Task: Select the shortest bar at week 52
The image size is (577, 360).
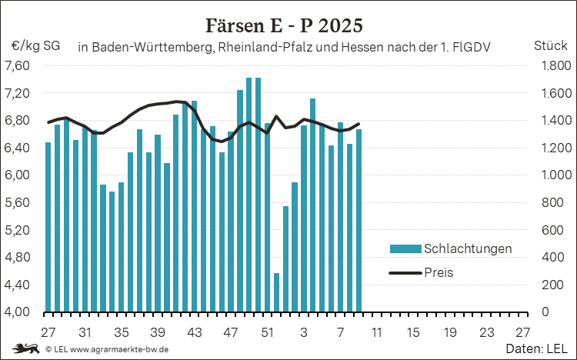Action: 276,292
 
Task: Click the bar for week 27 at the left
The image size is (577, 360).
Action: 48,227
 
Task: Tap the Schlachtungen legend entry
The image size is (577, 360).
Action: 467,248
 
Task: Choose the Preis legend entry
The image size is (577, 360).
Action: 439,272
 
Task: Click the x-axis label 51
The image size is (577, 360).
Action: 267,333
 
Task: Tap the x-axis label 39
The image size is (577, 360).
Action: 158,333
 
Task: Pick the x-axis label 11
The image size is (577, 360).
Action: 376,333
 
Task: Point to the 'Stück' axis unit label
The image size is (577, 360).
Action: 550,45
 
